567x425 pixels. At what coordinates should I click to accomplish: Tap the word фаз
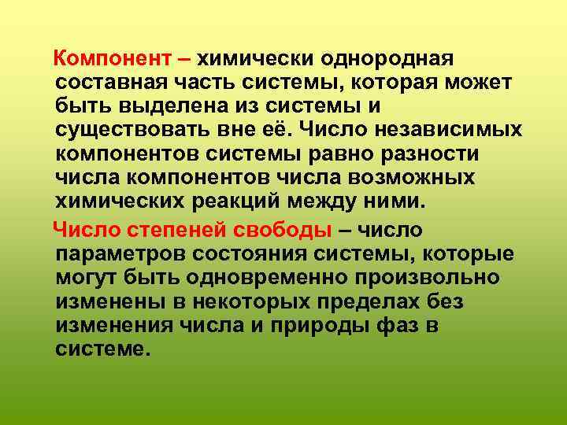379,325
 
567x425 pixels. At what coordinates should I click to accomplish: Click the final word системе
102,349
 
